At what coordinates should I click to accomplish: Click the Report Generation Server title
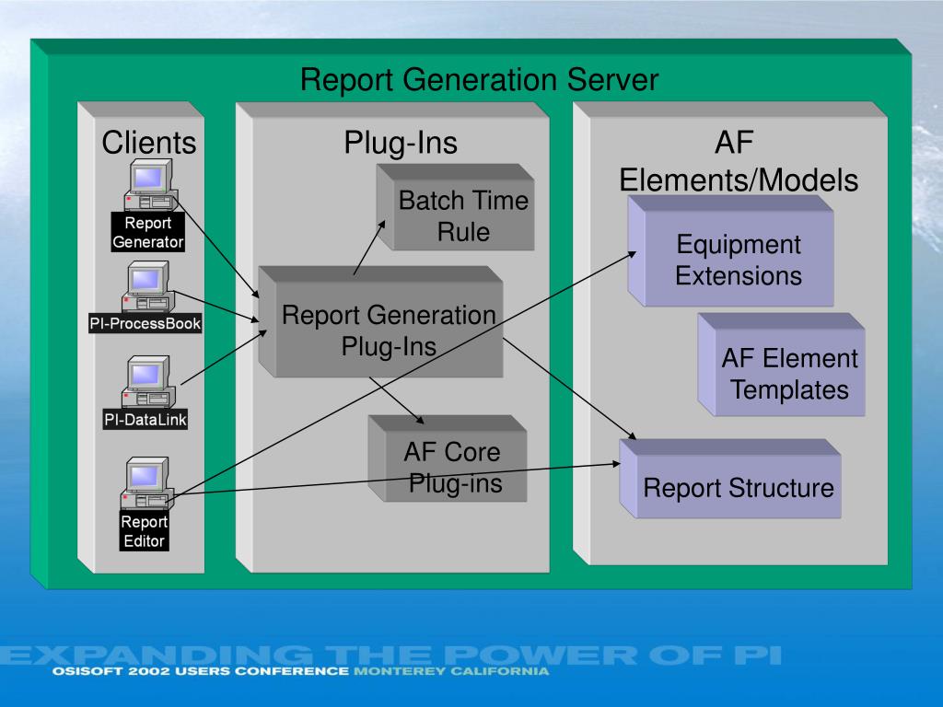(479, 79)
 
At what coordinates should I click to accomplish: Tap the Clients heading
(149, 143)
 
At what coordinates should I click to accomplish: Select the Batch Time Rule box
(455, 207)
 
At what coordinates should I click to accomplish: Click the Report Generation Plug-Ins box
(380, 322)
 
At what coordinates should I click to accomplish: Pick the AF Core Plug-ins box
(448, 458)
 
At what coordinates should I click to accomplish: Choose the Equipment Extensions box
(730, 251)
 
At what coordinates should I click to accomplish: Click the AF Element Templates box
(781, 365)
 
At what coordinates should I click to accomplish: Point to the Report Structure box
(730, 479)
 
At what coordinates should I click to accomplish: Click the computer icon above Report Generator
(151, 184)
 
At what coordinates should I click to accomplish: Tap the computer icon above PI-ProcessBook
(148, 286)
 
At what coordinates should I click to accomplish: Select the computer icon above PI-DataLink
(148, 382)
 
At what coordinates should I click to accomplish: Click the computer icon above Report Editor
(147, 483)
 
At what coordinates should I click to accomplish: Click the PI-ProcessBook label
(145, 323)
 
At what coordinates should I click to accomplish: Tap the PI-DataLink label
(145, 419)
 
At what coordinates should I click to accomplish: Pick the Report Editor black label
(144, 531)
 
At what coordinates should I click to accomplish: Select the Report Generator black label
(148, 232)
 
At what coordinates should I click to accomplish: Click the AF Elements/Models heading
(739, 161)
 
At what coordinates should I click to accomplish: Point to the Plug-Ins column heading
(401, 143)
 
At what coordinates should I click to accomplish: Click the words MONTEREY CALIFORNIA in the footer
(451, 671)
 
